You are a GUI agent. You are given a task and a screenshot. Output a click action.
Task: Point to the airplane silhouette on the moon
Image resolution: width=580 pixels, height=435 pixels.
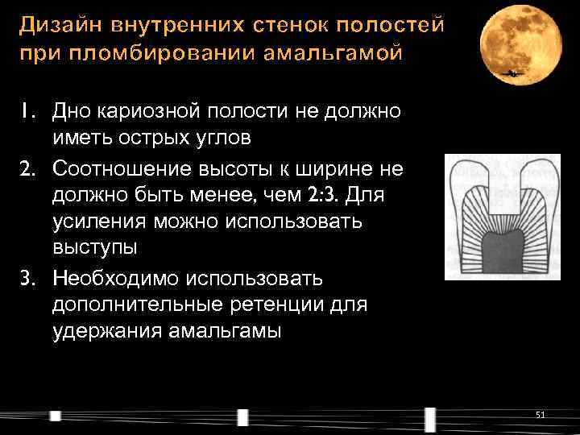tap(510, 73)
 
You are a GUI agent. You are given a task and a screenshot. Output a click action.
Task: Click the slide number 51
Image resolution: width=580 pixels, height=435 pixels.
tap(540, 414)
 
